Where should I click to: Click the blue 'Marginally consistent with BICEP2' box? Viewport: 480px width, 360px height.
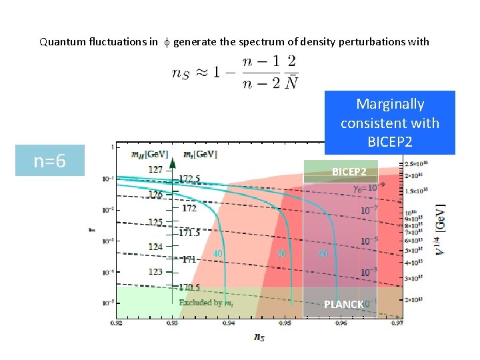[389, 123]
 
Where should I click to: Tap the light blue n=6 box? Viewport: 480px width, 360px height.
[50, 161]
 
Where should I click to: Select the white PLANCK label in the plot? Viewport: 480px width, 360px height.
[343, 305]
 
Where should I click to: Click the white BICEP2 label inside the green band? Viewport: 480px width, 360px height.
[349, 172]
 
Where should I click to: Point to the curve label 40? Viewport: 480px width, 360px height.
[217, 253]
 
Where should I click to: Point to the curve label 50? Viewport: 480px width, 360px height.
[281, 253]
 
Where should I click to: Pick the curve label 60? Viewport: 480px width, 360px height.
[323, 253]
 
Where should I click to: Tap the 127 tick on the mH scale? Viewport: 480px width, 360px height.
[155, 169]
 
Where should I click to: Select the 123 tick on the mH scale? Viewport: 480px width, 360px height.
[155, 271]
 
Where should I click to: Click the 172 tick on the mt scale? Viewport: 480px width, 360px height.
[189, 208]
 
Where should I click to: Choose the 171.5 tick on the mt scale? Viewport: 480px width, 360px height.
[189, 233]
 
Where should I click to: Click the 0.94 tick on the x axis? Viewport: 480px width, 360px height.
[228, 324]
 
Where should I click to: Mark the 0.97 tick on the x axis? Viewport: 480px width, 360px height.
[397, 324]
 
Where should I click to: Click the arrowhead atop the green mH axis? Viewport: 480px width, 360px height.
[172, 162]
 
